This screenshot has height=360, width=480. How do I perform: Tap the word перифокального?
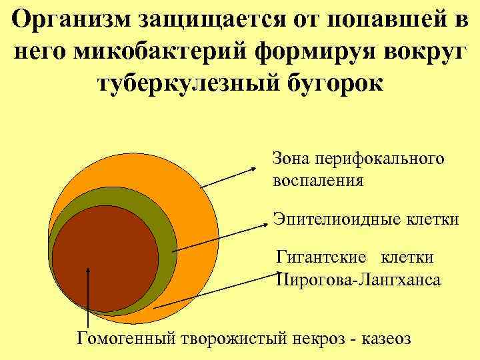coord(380,159)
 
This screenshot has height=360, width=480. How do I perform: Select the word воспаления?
coord(318,180)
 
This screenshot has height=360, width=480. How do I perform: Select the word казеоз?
coord(386,337)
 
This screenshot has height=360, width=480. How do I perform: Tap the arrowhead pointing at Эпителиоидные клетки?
coord(266,221)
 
